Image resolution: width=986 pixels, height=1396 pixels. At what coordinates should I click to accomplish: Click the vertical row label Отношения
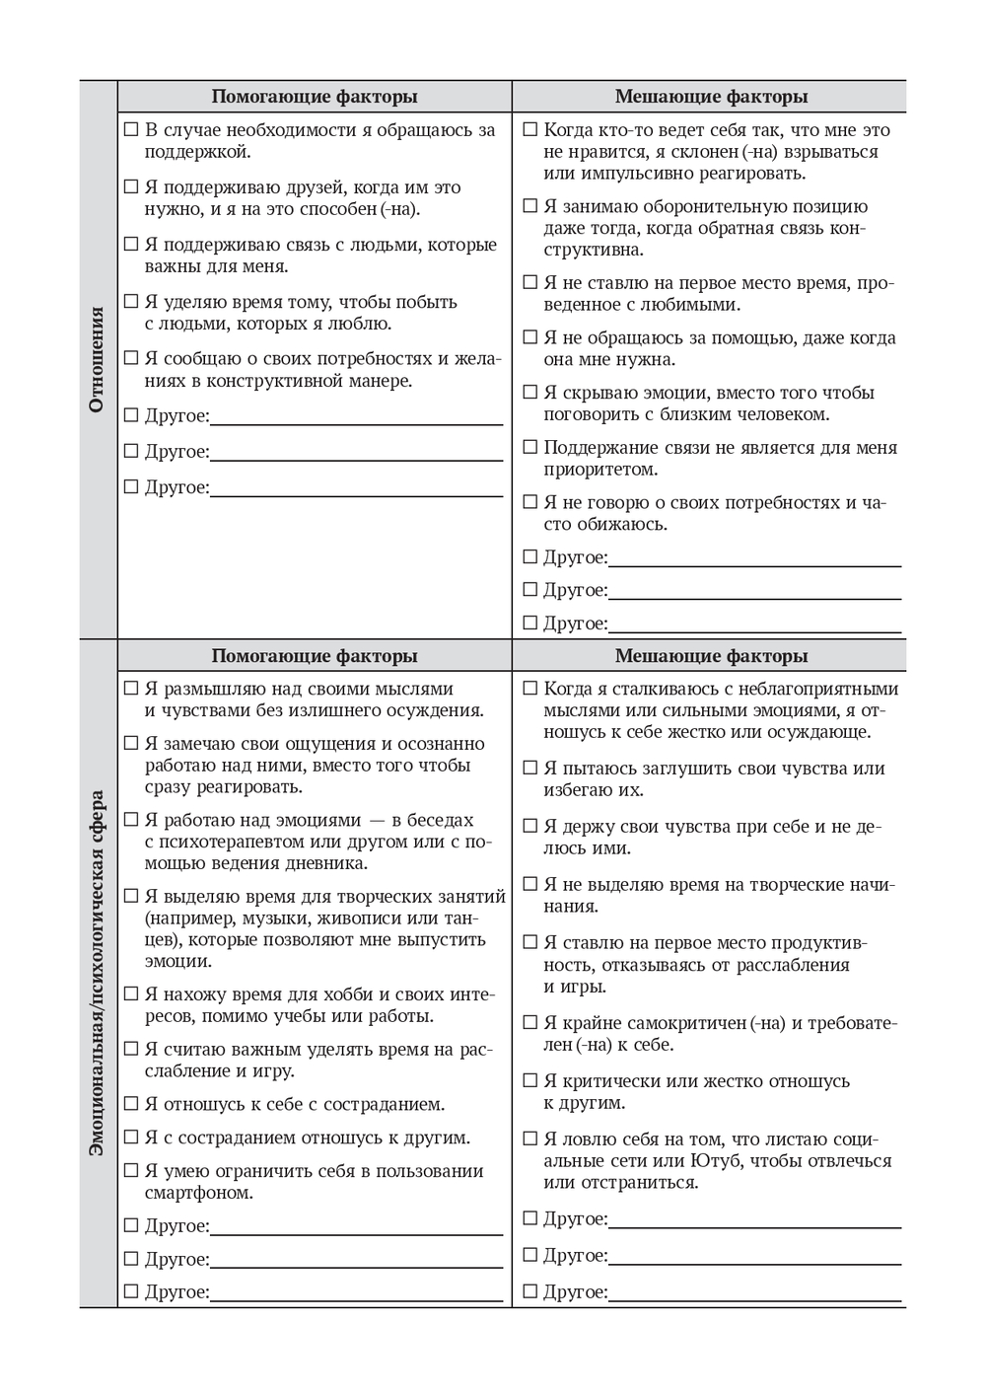[97, 359]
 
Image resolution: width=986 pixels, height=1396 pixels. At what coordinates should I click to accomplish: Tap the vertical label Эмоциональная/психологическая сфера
[97, 973]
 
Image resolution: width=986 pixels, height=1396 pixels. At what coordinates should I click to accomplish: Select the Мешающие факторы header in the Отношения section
[711, 97]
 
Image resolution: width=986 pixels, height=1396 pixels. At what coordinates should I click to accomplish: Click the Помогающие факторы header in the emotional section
[315, 656]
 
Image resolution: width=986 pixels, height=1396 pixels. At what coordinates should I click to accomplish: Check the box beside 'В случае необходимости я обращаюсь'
[131, 129]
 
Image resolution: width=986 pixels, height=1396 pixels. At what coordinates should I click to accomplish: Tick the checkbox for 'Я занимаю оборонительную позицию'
[530, 206]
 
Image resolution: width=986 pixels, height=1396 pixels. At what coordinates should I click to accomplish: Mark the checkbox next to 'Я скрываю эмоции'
[530, 393]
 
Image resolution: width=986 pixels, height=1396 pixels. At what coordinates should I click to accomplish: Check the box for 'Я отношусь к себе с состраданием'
[131, 1104]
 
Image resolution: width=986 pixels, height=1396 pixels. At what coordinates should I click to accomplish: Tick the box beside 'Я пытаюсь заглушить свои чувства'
[530, 768]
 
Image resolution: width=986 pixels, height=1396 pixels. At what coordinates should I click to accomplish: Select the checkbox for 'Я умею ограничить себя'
[131, 1171]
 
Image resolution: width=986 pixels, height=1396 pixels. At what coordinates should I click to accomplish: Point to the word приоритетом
[600, 470]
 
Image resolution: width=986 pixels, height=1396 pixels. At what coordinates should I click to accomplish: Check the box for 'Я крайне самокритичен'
[530, 1023]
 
